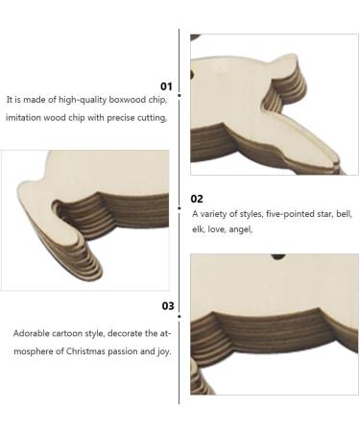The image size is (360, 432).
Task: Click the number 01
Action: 166,85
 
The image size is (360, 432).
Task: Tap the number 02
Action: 197,199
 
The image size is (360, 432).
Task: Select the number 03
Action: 167,306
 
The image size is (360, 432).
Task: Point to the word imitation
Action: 25,118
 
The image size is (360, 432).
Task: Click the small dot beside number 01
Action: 180,85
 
